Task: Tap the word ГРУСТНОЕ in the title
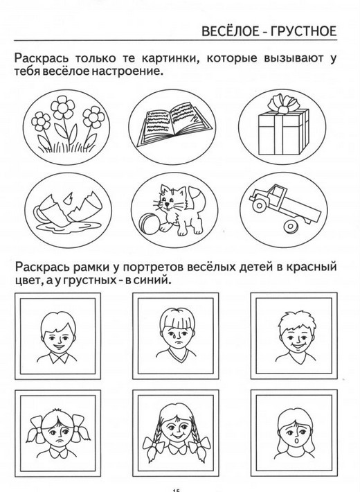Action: pos(303,31)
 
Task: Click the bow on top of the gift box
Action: pos(284,103)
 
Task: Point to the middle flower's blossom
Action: pos(63,107)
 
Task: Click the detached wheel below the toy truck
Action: pos(291,226)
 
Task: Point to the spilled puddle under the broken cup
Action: pos(69,227)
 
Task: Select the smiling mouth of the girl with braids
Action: pos(177,437)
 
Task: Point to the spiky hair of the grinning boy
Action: pos(297,320)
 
